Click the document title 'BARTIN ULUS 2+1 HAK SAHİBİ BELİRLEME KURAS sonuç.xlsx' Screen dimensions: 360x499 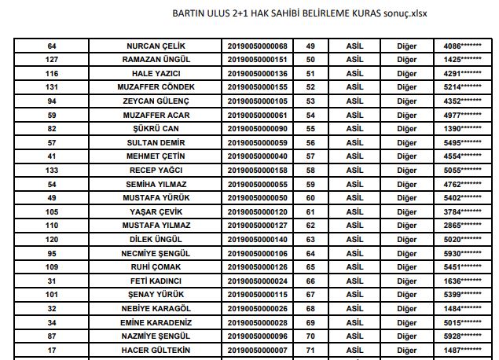point(299,13)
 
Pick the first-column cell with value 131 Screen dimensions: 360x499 point(53,86)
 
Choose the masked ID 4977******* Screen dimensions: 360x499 point(462,115)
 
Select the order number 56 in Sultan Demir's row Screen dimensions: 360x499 point(310,142)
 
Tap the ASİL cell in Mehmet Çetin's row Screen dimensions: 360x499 point(355,156)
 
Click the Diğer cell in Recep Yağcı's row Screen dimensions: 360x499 point(405,170)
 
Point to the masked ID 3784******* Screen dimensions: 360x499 point(462,211)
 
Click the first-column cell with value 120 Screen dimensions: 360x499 point(53,239)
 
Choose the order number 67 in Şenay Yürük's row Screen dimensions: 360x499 point(310,294)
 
